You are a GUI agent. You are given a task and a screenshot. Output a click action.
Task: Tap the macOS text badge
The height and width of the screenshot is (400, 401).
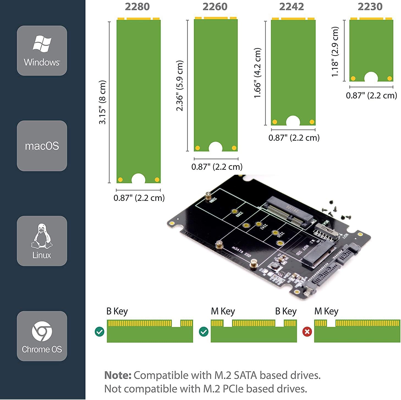(x=42, y=146)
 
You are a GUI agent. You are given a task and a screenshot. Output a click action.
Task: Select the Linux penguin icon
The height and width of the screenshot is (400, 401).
(x=42, y=236)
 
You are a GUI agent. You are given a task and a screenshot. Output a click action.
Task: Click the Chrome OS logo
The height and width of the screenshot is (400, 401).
(x=42, y=331)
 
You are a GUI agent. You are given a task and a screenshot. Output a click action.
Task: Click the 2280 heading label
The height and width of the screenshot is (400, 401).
(x=137, y=7)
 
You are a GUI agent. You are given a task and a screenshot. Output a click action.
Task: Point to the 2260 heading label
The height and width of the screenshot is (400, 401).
(x=215, y=7)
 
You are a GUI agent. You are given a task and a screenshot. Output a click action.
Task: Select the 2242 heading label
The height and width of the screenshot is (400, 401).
(x=292, y=7)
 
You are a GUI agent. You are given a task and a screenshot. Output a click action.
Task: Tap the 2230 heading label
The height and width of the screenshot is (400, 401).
(x=370, y=7)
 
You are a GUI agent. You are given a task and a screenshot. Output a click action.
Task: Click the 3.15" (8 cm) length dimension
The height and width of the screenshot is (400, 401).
(x=102, y=102)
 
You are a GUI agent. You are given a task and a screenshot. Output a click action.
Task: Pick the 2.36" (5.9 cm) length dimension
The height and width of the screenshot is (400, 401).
(x=180, y=86)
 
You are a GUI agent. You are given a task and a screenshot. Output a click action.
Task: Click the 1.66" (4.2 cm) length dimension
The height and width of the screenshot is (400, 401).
(x=257, y=73)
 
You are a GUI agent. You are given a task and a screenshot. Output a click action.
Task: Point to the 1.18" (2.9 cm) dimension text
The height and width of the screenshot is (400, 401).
(x=335, y=52)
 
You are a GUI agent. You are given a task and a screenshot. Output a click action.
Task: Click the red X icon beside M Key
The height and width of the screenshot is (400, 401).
(x=307, y=332)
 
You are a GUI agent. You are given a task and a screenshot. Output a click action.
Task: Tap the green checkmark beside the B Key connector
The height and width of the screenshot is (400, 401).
(x=99, y=332)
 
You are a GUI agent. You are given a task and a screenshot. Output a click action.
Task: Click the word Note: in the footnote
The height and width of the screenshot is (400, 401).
(x=118, y=375)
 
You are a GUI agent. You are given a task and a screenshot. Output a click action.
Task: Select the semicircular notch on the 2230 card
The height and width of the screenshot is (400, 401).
(x=371, y=77)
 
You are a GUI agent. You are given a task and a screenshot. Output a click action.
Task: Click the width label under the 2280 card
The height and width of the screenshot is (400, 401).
(x=139, y=198)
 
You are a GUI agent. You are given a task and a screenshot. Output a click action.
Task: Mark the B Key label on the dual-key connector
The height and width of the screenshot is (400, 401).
(x=286, y=311)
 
